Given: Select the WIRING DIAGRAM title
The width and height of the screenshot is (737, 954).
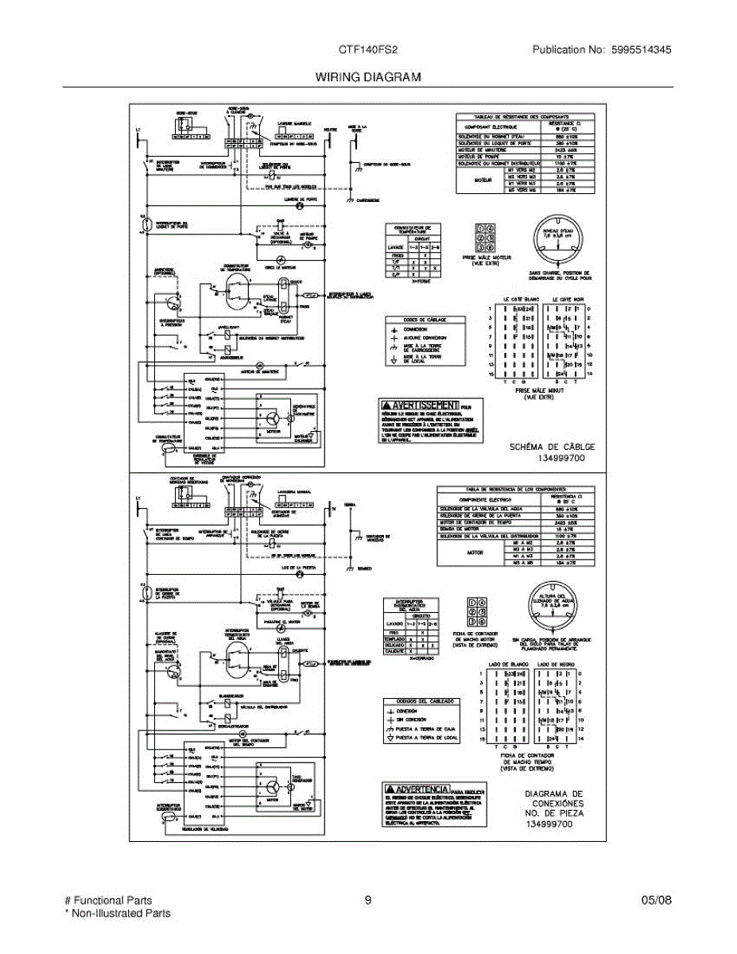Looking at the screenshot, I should (367, 77).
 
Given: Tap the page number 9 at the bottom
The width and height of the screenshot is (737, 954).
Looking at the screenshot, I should (368, 901).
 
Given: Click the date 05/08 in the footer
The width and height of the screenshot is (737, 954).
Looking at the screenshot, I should (656, 901).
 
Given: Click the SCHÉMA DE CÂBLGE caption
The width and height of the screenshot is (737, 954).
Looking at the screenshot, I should (552, 447).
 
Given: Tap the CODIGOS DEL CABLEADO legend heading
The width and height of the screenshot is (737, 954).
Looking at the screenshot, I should (421, 701).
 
